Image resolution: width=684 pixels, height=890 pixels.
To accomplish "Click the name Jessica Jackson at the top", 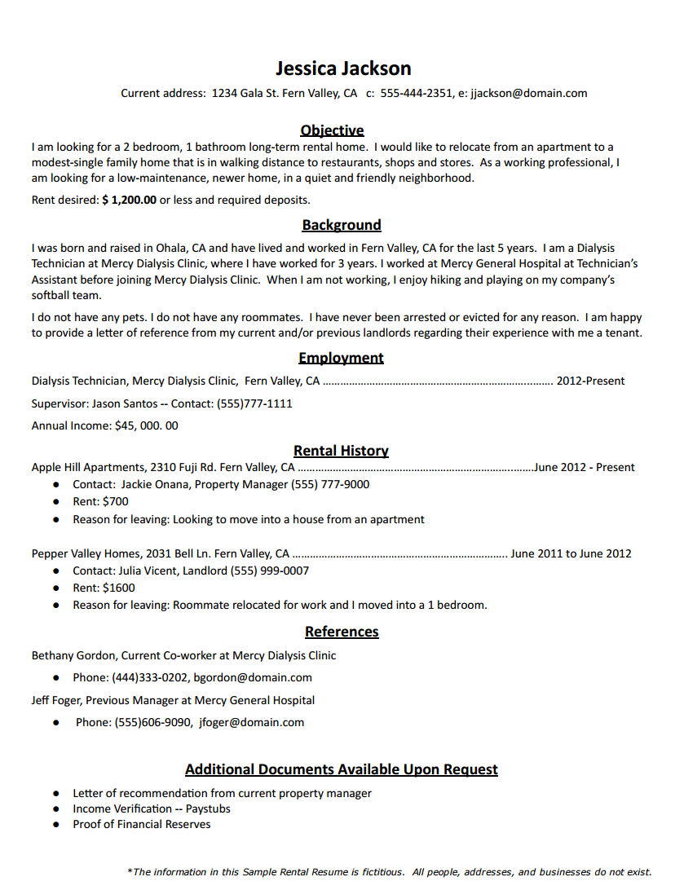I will click(x=342, y=68).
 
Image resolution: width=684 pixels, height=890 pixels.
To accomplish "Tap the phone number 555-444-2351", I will click(x=416, y=93).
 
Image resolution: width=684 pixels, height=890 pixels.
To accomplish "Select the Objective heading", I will click(x=332, y=130).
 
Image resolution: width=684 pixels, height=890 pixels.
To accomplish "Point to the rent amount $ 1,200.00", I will click(x=129, y=200).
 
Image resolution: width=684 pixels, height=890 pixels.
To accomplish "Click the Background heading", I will click(x=342, y=225).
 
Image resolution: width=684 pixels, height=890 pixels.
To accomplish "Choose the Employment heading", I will click(x=341, y=358).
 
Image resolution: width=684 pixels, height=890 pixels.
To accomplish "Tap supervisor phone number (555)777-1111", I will click(x=254, y=403).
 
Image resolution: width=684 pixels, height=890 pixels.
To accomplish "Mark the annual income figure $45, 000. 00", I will click(x=147, y=425).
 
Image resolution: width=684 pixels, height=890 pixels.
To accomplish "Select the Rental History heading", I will click(x=341, y=451).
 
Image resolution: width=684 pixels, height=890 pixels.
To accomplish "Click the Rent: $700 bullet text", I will click(x=100, y=501).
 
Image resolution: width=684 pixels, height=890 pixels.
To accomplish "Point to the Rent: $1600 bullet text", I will click(x=104, y=588).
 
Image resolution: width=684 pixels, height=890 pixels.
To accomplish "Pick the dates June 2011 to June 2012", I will click(x=571, y=553).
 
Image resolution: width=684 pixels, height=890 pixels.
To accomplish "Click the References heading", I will click(x=342, y=632).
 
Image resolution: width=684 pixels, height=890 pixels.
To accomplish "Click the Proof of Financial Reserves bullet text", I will click(x=141, y=824).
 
